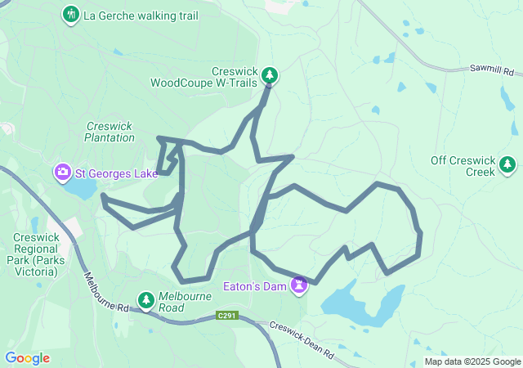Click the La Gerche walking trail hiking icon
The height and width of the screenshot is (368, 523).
tap(71, 14)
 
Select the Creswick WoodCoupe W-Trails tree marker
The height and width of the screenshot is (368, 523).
tap(270, 76)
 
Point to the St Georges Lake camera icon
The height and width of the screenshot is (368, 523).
tap(63, 172)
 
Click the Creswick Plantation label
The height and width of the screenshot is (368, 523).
tap(110, 132)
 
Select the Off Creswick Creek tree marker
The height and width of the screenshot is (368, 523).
tap(508, 165)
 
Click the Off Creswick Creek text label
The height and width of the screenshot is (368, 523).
tap(463, 166)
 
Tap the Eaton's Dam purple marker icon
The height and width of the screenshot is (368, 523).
tap(300, 285)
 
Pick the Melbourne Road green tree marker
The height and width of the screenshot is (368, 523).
tap(146, 301)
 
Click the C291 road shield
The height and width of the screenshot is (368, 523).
tap(228, 316)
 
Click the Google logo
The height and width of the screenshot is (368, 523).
tap(27, 358)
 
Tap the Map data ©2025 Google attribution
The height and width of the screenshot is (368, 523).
tap(472, 361)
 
